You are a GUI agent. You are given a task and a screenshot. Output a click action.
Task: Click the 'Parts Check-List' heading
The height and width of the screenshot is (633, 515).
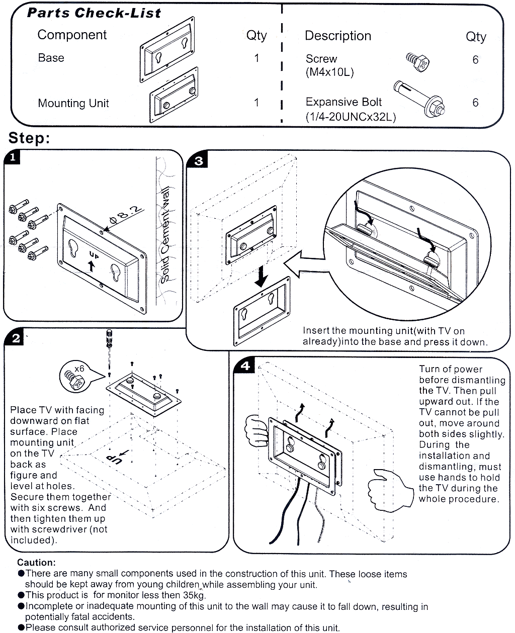click(94, 13)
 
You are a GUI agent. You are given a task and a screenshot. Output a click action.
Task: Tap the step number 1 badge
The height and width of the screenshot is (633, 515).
click(12, 157)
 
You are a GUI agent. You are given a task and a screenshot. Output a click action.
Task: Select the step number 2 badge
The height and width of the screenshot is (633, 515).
click(15, 338)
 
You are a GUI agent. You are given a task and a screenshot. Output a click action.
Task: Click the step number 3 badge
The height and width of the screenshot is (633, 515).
click(199, 160)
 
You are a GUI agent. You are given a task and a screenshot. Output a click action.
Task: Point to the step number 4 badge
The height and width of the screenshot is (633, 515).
click(245, 366)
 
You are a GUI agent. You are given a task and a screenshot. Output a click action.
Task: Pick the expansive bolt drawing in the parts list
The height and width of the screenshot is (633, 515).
click(420, 99)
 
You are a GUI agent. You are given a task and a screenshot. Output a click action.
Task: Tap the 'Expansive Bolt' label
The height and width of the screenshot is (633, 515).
click(344, 103)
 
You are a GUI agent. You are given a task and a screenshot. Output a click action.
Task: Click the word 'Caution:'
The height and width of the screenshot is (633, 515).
click(36, 563)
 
